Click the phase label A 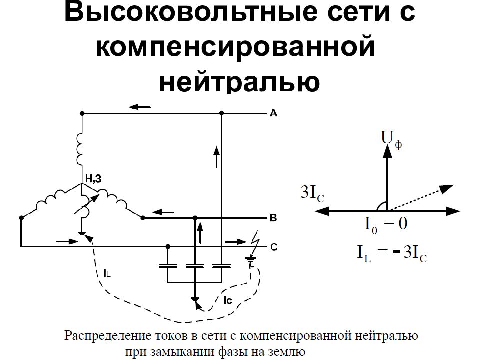coord(273,113)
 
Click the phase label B coord(273,218)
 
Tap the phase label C coord(274,246)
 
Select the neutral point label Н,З coord(93,179)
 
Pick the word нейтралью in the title coord(239,81)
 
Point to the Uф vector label coord(391,139)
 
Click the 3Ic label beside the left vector coord(312,194)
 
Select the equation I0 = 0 coord(386,224)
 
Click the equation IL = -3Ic coord(392,254)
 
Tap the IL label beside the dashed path coord(107,273)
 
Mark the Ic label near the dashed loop coord(228,300)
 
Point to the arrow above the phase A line coord(140,107)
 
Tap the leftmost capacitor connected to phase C coord(168,265)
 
